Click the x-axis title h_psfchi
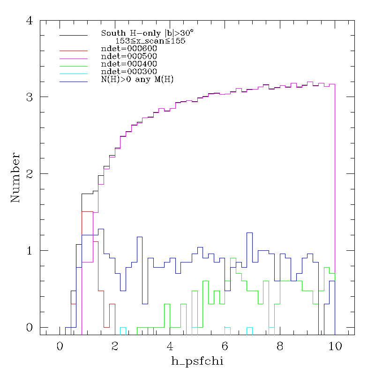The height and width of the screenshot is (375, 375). click(197, 361)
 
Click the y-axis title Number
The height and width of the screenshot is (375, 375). click(15, 178)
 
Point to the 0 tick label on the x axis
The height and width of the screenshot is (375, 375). click(60, 346)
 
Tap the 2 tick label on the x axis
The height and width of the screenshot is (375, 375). click(115, 346)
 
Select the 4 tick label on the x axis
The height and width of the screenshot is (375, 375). click(170, 346)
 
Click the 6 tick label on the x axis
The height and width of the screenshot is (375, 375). click(225, 346)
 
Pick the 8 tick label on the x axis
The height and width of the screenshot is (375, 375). click(280, 346)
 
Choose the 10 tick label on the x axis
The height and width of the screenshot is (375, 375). click(335, 346)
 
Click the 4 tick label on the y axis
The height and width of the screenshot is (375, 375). click(30, 21)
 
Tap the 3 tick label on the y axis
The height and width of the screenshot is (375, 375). click(30, 97)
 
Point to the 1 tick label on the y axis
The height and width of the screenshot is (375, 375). click(30, 251)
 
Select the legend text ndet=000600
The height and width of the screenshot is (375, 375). click(129, 49)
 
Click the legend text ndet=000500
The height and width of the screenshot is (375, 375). click(129, 56)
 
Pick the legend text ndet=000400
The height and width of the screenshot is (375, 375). click(129, 64)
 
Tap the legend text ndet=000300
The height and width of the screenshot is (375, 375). click(129, 72)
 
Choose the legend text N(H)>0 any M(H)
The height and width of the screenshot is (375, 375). click(137, 79)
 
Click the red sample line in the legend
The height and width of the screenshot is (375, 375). click(74, 51)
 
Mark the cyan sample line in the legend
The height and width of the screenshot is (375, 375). click(74, 74)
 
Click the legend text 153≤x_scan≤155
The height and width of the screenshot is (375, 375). click(150, 41)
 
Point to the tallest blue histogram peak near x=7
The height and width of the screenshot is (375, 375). click(249, 232)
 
